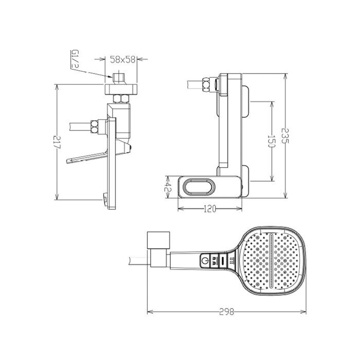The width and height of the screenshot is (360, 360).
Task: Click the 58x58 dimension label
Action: coord(123,60)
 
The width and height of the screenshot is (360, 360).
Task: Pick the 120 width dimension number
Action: coord(209,210)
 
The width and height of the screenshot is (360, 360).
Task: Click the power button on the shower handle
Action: coord(206,260)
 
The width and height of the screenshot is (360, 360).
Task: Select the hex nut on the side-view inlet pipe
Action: coord(95,127)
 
